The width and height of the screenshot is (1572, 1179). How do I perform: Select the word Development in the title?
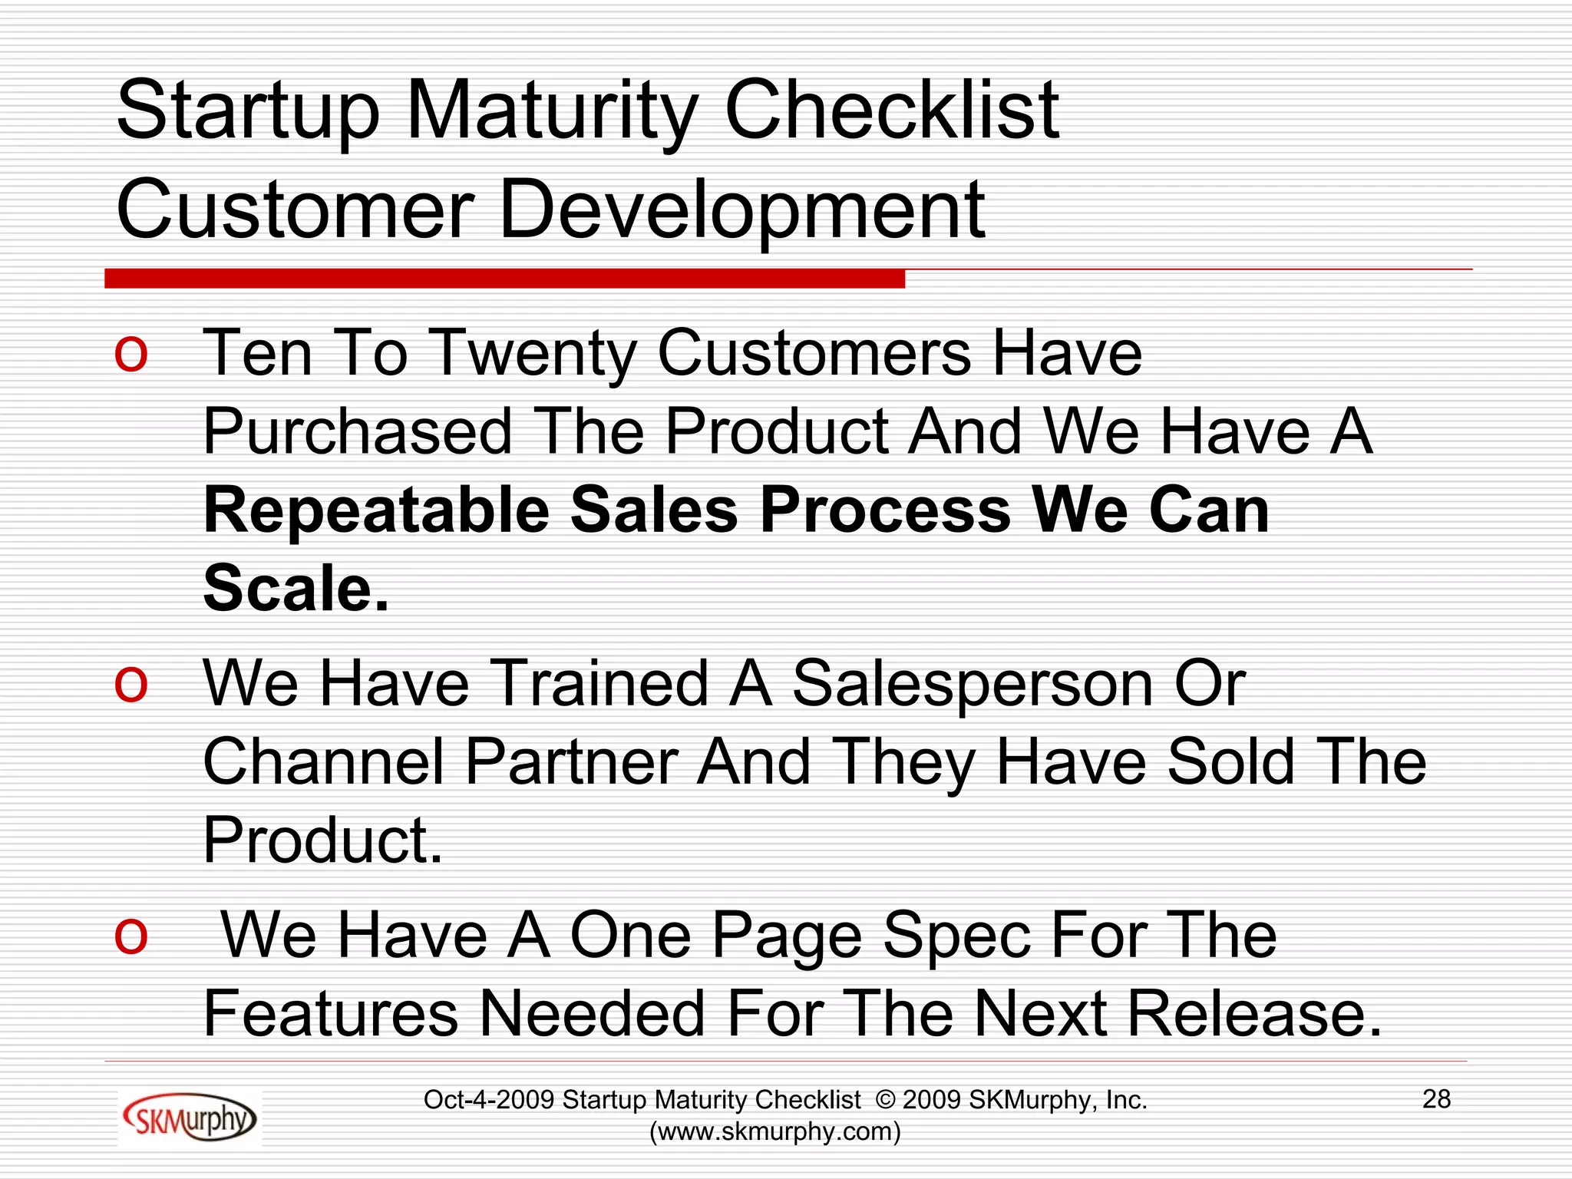742,210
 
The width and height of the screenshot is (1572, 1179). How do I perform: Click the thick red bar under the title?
504,279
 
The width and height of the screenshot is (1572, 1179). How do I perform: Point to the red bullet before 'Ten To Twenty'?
130,355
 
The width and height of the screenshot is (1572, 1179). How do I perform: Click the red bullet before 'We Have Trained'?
130,683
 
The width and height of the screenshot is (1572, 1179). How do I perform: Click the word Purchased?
358,431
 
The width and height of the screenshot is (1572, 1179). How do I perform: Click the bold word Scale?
296,589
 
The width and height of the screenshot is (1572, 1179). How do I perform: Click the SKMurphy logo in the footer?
190,1119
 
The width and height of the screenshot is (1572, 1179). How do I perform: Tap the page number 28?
1436,1099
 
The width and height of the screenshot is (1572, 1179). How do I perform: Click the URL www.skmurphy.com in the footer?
775,1131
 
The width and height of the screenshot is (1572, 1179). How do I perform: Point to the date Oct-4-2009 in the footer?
489,1100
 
